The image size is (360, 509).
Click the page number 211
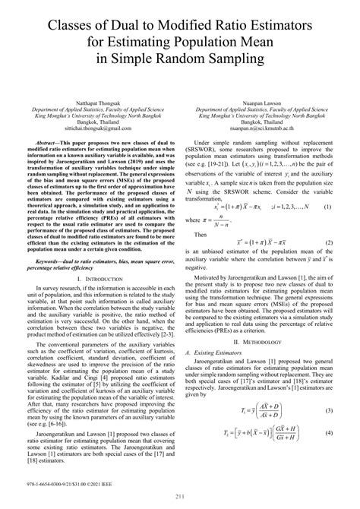[180, 497]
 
